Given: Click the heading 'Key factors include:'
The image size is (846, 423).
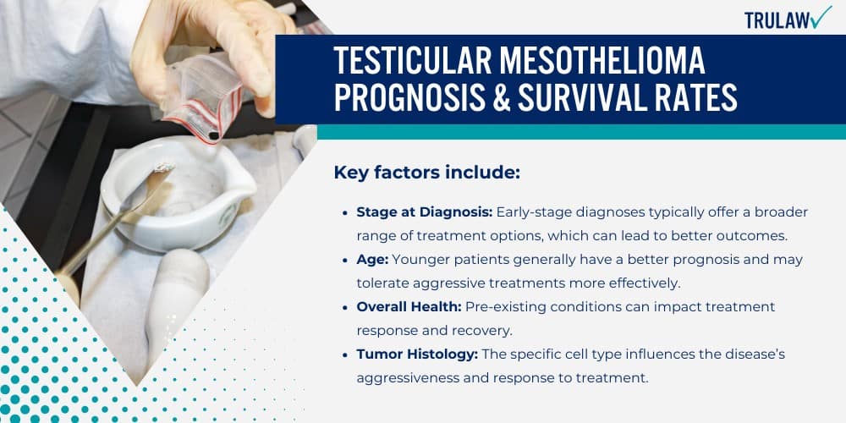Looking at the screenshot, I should pyautogui.click(x=426, y=173).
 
